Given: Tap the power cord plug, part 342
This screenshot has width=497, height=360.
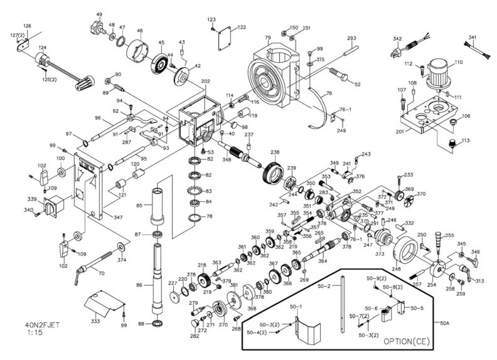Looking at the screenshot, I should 411,46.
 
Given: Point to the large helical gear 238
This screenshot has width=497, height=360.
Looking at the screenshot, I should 272,171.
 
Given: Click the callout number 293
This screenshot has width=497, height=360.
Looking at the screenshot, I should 351,39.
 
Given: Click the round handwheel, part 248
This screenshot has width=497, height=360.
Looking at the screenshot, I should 409,254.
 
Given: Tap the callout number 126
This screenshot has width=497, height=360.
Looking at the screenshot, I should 27,26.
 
